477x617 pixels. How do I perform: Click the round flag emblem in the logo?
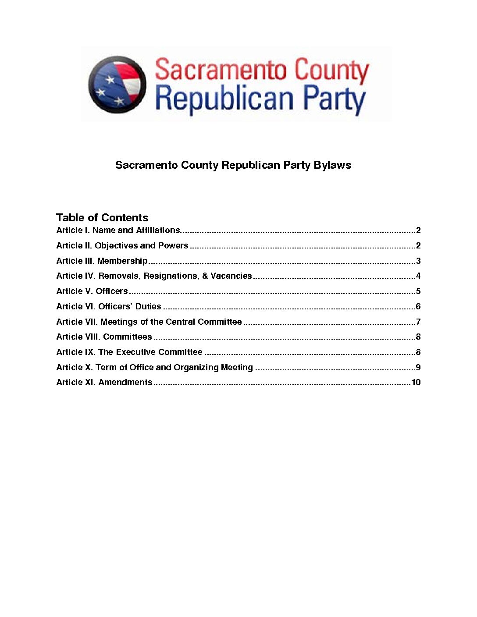tap(117, 84)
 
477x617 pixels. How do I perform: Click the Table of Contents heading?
tap(102, 218)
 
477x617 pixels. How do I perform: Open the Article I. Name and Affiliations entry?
tap(118, 230)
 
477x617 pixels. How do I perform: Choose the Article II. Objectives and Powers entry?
tap(122, 246)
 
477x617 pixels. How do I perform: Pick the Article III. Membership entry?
tap(102, 261)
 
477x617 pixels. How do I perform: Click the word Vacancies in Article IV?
tap(231, 276)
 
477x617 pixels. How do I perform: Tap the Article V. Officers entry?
tap(92, 291)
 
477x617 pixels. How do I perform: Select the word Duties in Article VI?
tap(148, 307)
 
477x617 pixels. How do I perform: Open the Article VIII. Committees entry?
tap(104, 337)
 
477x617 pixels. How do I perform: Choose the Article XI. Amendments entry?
tap(104, 383)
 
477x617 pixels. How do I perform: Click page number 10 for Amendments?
tap(416, 383)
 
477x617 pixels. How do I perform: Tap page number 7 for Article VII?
tap(418, 322)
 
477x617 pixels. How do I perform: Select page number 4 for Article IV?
tap(418, 276)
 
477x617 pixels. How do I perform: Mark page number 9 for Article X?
tap(418, 368)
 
